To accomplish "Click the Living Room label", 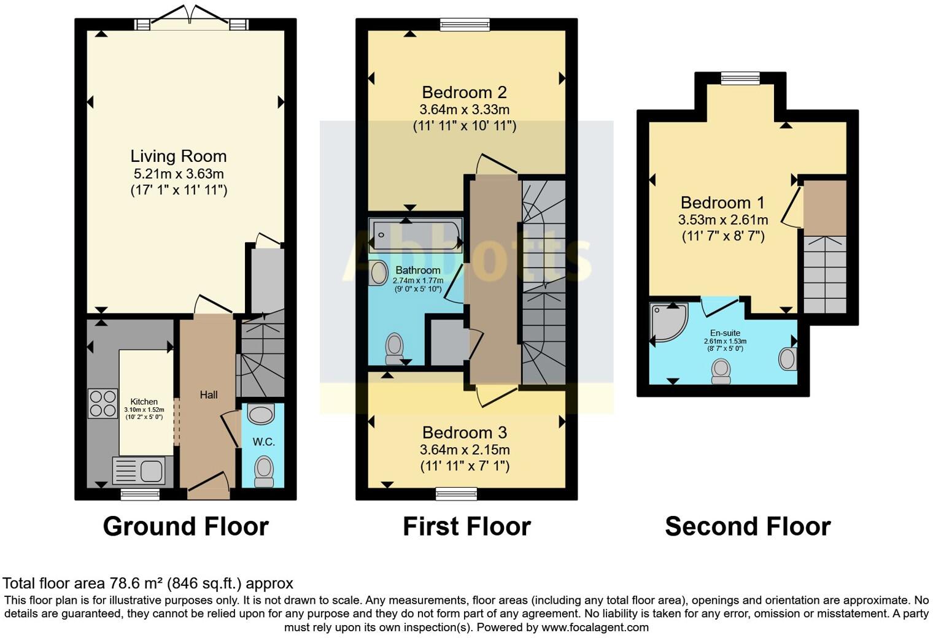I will [x=179, y=156].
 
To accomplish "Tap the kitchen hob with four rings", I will [x=103, y=404].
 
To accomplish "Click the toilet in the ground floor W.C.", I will [x=264, y=471].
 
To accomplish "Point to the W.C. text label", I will [x=263, y=442].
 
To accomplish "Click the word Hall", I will [x=209, y=394].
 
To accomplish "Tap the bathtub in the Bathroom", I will [x=416, y=235].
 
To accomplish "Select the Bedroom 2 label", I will [x=464, y=93].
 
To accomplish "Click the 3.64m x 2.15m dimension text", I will [x=465, y=450].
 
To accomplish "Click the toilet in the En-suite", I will [x=721, y=371].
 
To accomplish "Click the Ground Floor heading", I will [x=185, y=526].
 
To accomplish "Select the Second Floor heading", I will [x=748, y=526].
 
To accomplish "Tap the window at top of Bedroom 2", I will [x=465, y=25].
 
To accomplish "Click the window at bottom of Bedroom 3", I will [x=457, y=493].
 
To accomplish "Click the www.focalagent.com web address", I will [x=595, y=627].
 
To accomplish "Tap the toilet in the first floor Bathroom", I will [x=393, y=348].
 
